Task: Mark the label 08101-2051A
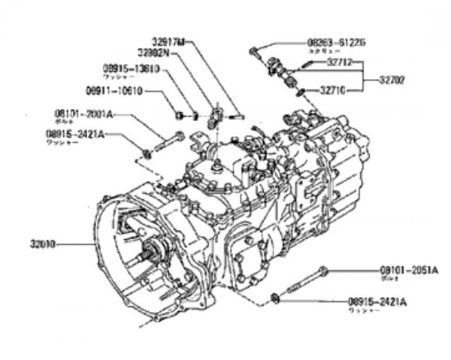[408, 269]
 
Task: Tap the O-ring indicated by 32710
[301, 92]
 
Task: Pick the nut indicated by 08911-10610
[180, 115]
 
